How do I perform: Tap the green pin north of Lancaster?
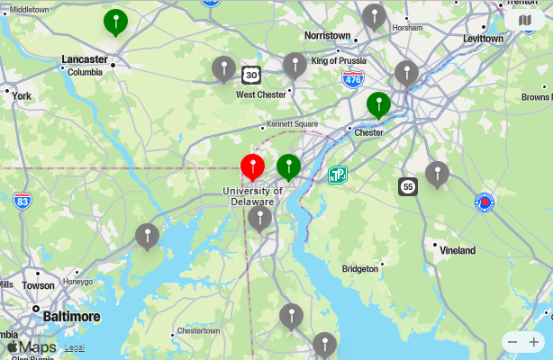tap(115, 22)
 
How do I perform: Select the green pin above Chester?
tap(378, 104)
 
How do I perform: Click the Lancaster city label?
tap(85, 59)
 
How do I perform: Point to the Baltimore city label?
tap(72, 316)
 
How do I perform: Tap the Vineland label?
tap(457, 250)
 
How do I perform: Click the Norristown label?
tap(327, 35)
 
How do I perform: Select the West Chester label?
tap(260, 94)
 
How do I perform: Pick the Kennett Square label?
tap(292, 123)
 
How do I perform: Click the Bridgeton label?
tap(360, 269)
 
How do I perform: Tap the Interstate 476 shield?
tap(353, 78)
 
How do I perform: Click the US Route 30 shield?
tap(251, 75)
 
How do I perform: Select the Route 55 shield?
tap(408, 186)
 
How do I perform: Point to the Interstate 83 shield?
tap(23, 200)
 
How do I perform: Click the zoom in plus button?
tap(535, 341)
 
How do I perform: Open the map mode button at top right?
tap(524, 20)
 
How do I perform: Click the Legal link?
tap(74, 347)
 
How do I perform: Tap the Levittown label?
tap(483, 39)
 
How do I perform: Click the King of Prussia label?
tap(340, 60)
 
